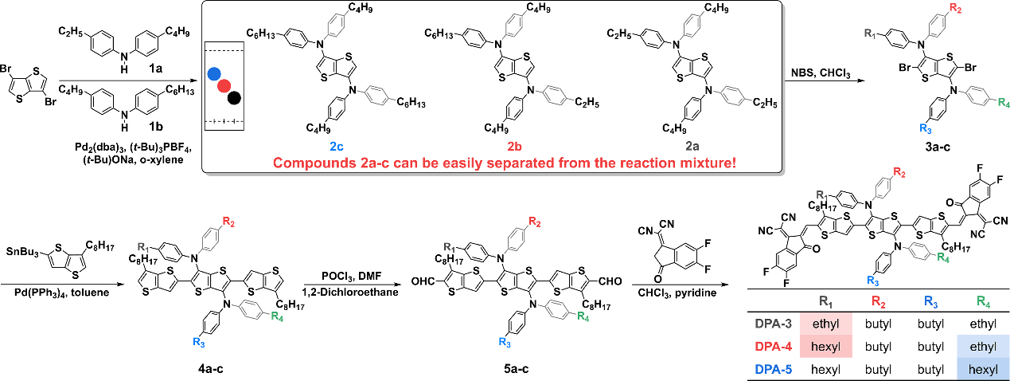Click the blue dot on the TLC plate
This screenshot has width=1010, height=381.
pyautogui.click(x=213, y=74)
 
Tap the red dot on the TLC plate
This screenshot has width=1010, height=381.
pyautogui.click(x=224, y=86)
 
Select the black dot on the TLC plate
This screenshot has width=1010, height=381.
pyautogui.click(x=234, y=98)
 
